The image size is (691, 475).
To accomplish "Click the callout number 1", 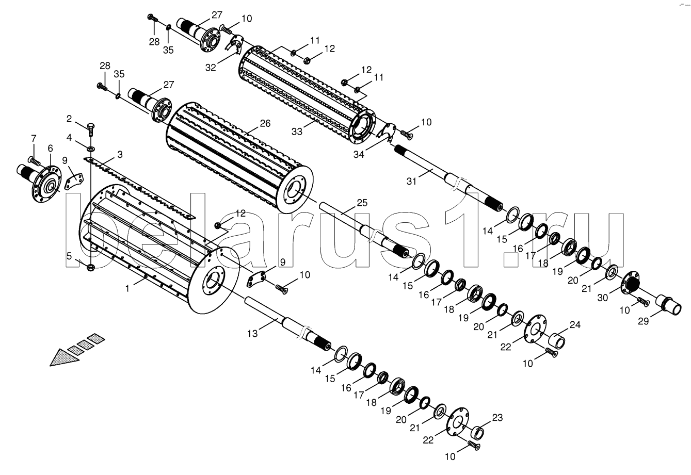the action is click(x=127, y=288).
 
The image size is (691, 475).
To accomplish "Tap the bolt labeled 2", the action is click(x=91, y=130).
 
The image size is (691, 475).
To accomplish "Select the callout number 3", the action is click(x=120, y=154).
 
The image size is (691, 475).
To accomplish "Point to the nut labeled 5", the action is click(x=91, y=267).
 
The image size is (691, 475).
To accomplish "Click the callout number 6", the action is click(x=50, y=148).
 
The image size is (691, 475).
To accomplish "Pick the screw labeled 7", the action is click(x=34, y=160).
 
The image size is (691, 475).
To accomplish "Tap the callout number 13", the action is click(x=252, y=334).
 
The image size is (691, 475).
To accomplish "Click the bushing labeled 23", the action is click(x=478, y=433).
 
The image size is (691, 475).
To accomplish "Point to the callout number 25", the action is click(x=362, y=203).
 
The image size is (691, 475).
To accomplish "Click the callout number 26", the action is click(x=265, y=123).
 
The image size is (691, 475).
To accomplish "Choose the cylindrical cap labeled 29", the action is click(x=668, y=304).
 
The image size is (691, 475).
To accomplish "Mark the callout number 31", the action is click(x=411, y=182).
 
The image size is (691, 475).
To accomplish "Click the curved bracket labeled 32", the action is click(x=234, y=45).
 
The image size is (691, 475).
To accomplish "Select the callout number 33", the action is click(x=297, y=132).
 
